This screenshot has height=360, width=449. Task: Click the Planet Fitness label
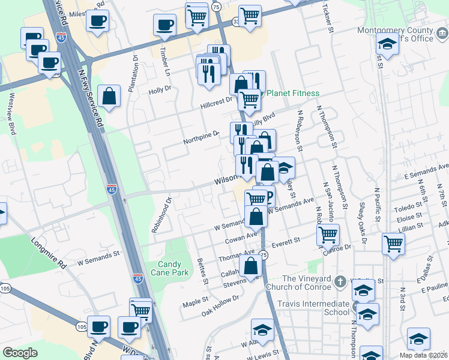[293, 93]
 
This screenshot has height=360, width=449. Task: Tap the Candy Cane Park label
[173, 268]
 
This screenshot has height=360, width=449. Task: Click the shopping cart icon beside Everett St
[328, 235]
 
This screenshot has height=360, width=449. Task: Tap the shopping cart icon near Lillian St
[393, 244]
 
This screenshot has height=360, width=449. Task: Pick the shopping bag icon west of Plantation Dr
[110, 96]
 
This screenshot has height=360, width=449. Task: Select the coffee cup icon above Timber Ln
[164, 25]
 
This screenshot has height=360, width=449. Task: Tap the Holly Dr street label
[160, 92]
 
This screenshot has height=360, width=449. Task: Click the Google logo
[20, 353]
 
